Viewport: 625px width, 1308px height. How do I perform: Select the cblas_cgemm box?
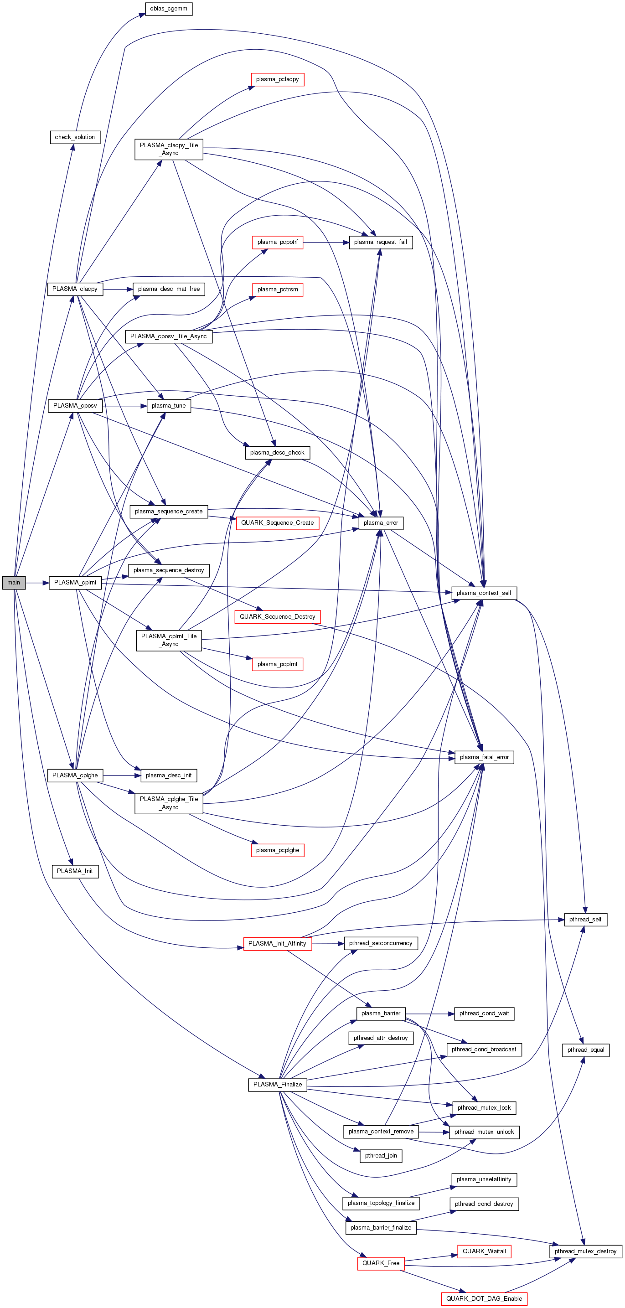pos(169,9)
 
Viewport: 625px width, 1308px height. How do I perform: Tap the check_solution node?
pos(75,137)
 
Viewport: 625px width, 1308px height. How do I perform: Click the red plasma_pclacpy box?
pos(277,79)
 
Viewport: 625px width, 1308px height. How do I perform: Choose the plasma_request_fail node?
pos(380,242)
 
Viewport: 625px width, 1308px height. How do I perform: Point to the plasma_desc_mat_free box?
pos(169,289)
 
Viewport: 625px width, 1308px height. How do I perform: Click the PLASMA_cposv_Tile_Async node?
pos(169,336)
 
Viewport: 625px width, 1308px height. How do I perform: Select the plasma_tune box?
pos(169,406)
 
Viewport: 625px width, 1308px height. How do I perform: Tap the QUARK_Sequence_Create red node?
pos(277,522)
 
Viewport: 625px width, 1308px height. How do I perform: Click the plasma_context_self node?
pos(483,593)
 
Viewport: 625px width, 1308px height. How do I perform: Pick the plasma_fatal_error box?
pos(484,757)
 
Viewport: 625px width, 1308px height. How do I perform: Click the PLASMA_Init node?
pos(75,871)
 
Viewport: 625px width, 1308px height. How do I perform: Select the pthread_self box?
pos(585,919)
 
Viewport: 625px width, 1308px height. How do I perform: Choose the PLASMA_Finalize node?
pos(277,1084)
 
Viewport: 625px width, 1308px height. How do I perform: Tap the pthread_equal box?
pos(585,1050)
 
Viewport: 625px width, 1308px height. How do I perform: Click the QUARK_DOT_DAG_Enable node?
pos(484,1298)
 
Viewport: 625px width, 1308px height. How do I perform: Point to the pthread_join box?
pos(380,1155)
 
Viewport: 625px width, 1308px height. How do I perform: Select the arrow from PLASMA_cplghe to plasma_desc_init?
pos(122,775)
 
